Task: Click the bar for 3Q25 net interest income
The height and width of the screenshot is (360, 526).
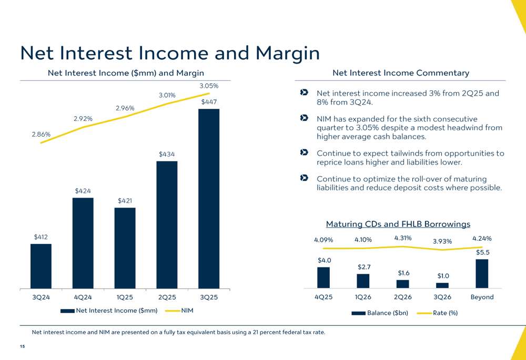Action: [209, 199]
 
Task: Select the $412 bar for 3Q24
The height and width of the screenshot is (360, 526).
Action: [41, 266]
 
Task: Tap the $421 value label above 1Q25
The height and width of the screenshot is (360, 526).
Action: [125, 201]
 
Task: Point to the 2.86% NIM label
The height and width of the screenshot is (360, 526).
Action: [41, 135]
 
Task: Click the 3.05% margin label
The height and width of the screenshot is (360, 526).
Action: [209, 86]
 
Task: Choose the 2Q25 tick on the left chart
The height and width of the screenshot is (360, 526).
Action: [167, 297]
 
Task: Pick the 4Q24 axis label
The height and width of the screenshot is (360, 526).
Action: [83, 297]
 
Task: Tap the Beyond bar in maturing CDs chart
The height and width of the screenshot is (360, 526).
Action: [482, 273]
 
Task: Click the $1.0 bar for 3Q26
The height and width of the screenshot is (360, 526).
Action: [442, 285]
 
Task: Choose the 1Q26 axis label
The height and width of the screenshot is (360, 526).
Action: [363, 297]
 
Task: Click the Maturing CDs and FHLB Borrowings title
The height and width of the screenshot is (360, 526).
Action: [398, 224]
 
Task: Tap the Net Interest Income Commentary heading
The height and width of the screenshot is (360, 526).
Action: [401, 73]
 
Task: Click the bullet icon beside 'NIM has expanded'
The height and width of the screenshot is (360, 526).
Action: [304, 119]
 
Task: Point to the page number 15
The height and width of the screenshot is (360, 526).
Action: [22, 346]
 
